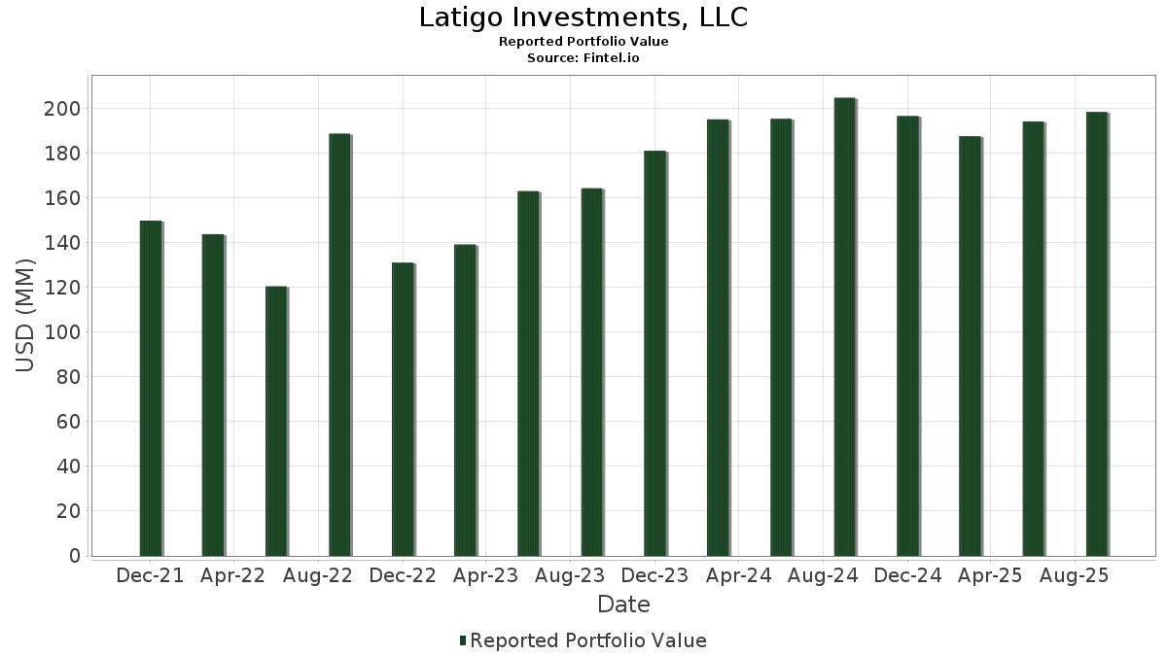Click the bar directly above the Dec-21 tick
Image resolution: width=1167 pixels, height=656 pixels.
point(151,388)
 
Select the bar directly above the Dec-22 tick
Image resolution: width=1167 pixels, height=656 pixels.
point(403,408)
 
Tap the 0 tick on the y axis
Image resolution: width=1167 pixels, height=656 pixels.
point(74,556)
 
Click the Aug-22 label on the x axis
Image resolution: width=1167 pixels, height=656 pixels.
point(318,576)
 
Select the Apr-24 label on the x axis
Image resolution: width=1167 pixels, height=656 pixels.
point(739,576)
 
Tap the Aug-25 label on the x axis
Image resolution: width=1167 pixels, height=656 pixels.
point(1075,576)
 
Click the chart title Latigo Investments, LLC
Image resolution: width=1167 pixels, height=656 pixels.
point(583,17)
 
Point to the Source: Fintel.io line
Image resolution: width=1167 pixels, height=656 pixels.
point(583,58)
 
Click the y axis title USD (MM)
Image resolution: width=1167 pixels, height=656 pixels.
point(26,316)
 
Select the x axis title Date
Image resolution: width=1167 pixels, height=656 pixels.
point(623,604)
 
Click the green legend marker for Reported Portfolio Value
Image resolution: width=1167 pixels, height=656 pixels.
point(463,640)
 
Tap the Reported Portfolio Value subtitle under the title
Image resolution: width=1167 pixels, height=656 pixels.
point(583,42)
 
